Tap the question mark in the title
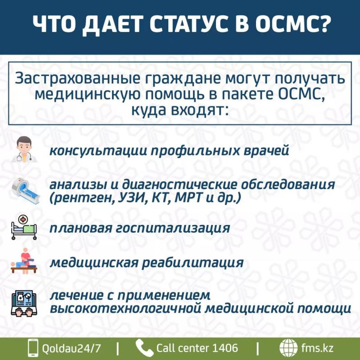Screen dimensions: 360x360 (322, 23)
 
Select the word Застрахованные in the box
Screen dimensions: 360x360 (77, 78)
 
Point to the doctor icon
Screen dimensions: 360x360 (24, 149)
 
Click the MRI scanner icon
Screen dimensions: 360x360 (25, 190)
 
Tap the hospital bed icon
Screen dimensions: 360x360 (24, 227)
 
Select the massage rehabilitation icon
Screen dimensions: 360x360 (24, 261)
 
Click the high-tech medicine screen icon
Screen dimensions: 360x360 (24, 302)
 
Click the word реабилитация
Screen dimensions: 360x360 (193, 262)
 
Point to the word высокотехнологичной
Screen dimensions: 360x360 (125, 308)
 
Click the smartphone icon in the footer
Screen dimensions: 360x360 (33, 348)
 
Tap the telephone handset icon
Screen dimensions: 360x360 (144, 348)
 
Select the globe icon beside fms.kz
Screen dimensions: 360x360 (288, 348)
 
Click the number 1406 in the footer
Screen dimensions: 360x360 (225, 348)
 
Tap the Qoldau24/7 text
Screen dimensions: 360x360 (71, 348)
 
